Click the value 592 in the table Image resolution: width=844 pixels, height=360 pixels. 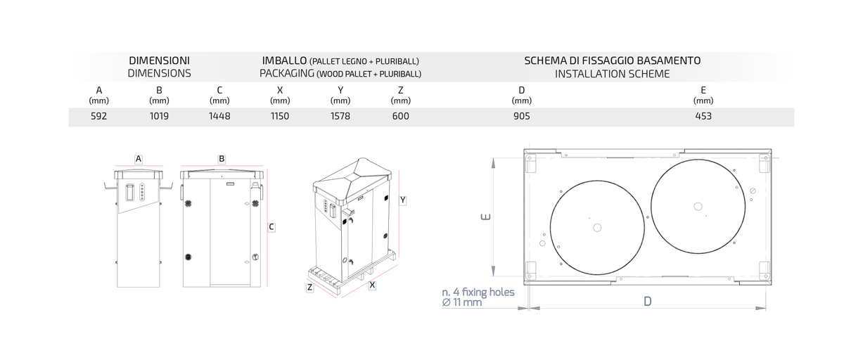(x=98, y=116)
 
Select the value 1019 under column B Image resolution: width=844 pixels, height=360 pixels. (x=159, y=116)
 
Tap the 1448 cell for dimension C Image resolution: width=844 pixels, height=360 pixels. (x=219, y=116)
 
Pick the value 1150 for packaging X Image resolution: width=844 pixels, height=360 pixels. (x=280, y=116)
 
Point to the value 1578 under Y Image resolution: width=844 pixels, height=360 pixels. (x=340, y=116)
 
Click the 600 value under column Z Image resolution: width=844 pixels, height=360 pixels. (x=400, y=116)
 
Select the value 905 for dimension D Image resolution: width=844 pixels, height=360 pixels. (x=522, y=116)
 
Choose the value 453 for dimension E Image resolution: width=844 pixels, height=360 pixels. (x=703, y=116)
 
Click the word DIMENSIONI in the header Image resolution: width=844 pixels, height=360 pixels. (x=160, y=60)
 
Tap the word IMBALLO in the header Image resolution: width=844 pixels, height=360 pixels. (x=284, y=60)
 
